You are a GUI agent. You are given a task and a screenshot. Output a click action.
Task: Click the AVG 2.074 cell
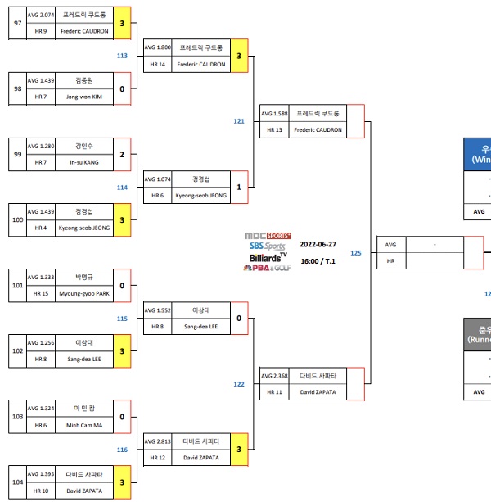41,15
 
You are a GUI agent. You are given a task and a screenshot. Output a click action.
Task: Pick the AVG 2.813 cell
157,441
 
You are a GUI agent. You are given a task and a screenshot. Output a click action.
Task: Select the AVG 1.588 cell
274,113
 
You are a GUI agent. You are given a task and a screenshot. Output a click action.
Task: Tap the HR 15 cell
41,293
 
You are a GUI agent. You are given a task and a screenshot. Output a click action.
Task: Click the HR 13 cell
274,129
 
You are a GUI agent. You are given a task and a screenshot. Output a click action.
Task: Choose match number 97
17,23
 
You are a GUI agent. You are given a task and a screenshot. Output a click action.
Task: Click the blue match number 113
122,56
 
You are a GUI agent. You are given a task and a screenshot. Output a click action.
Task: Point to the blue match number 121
239,121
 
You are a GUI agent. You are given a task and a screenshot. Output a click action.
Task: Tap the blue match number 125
355,253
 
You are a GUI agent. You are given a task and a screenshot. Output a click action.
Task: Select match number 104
17,482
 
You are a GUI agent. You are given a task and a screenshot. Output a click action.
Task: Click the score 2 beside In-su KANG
122,154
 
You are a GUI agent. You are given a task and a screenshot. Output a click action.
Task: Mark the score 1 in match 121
239,187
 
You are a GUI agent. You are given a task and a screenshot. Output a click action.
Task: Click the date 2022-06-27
318,244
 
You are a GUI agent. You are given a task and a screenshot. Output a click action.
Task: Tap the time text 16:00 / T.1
318,260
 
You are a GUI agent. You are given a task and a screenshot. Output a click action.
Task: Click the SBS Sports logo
268,246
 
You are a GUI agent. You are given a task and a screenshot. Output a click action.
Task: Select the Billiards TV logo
268,257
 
